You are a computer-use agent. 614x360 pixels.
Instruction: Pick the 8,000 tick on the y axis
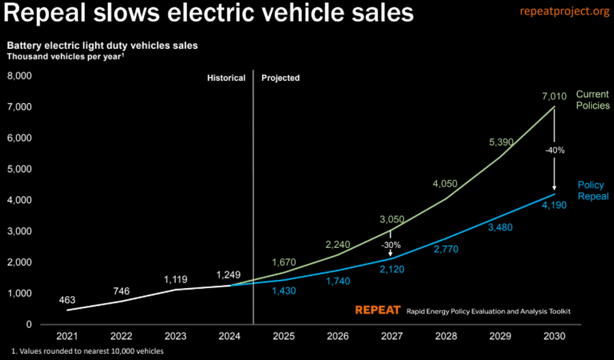pyautogui.click(x=19, y=76)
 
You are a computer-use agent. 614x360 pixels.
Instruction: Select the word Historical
pyautogui.click(x=226, y=78)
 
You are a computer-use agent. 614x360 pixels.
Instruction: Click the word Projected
pyautogui.click(x=280, y=78)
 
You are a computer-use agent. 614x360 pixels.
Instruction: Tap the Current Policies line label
pyautogui.click(x=592, y=100)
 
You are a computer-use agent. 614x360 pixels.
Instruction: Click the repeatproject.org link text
pyautogui.click(x=564, y=13)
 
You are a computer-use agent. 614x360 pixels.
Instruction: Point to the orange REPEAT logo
pyautogui.click(x=378, y=310)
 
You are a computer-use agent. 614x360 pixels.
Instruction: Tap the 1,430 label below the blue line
pyautogui.click(x=284, y=291)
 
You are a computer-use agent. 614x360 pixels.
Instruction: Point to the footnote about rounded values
pyautogui.click(x=88, y=351)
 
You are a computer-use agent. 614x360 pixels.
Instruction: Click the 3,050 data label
pyautogui.click(x=392, y=219)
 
